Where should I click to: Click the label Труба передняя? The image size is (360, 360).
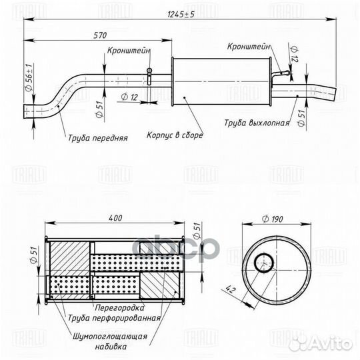pyautogui.click(x=97, y=139)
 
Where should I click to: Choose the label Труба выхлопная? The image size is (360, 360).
pyautogui.click(x=257, y=123)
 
